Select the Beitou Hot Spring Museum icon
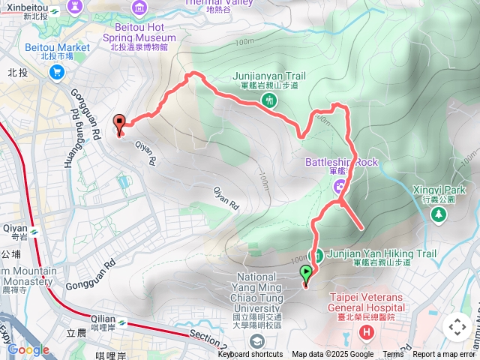(x=139, y=8)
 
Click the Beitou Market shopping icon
(x=56, y=72)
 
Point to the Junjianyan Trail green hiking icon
(x=268, y=99)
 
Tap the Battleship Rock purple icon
(x=340, y=184)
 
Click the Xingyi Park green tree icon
(x=438, y=214)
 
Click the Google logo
(x=28, y=349)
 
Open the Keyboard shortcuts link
(x=250, y=355)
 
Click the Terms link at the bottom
(x=393, y=355)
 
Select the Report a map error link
(x=445, y=355)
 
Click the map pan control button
(x=457, y=327)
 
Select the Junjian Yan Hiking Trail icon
(x=318, y=254)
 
